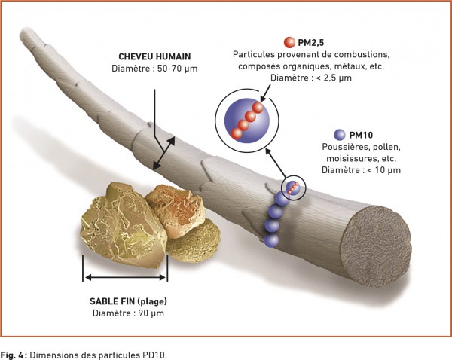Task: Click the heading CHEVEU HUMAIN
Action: coord(154,56)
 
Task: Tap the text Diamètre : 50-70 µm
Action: coord(154,69)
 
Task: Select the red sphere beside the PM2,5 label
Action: coord(289,42)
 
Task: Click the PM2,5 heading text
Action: coord(311,43)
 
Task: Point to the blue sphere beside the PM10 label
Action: coord(340,135)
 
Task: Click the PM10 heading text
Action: coord(361,135)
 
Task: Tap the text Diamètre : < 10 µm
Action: coord(361,170)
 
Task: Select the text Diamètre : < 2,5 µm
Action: coord(311,78)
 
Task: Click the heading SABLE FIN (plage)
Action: coord(128,301)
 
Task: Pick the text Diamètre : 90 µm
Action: coord(128,313)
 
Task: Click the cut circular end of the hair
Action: coord(376,246)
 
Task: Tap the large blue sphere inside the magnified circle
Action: coord(247,121)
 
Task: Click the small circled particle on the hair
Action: coord(293,188)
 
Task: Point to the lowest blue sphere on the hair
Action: coord(271,239)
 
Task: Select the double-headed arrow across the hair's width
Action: coord(164,153)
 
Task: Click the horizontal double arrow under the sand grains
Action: coord(125,277)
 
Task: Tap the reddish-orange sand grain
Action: coord(175,212)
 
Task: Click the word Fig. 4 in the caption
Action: coord(13,355)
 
